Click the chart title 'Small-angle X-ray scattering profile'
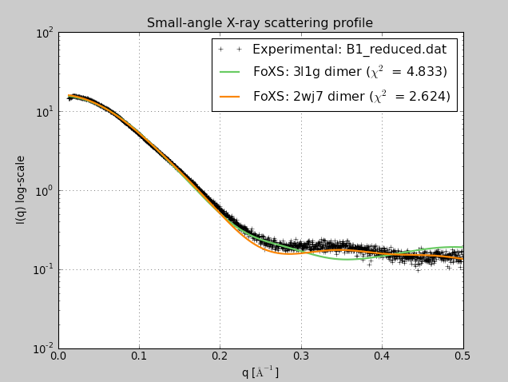point(260,23)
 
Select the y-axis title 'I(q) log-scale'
point(21,189)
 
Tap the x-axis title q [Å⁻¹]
point(260,372)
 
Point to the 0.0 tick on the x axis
point(58,356)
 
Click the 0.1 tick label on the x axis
point(139,356)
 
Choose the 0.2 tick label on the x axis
point(220,356)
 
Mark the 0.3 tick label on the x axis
point(301,356)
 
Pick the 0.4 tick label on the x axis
point(382,356)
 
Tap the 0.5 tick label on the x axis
point(463,356)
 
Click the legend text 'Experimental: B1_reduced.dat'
point(349,50)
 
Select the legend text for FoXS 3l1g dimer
point(349,72)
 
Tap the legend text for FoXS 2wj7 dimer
point(351,97)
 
